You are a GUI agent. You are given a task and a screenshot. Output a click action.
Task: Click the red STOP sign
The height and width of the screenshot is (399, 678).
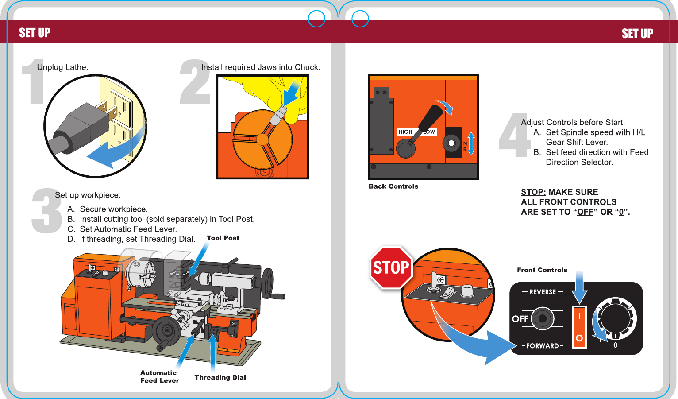[391, 267]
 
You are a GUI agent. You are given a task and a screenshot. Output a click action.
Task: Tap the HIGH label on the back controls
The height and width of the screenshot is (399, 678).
[405, 132]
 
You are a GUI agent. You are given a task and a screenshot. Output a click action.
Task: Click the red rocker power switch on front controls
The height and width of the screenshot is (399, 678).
[579, 327]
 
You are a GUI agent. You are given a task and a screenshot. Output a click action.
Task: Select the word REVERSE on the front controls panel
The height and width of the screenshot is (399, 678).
[542, 292]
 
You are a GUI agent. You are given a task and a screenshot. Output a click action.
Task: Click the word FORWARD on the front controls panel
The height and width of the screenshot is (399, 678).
[542, 346]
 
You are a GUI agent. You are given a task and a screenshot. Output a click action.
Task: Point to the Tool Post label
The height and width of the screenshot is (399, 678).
[223, 238]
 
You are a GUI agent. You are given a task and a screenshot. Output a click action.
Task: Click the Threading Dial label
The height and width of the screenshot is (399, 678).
[220, 377]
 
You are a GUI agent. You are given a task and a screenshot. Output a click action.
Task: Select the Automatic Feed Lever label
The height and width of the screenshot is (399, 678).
[159, 377]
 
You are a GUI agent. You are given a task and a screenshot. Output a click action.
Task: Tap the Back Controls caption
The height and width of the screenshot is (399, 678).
[393, 186]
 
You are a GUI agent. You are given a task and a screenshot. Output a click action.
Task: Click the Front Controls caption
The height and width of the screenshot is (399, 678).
[542, 270]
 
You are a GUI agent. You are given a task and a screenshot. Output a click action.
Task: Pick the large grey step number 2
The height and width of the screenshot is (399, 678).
[195, 83]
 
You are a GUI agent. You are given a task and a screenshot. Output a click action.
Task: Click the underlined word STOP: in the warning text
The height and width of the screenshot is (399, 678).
[533, 192]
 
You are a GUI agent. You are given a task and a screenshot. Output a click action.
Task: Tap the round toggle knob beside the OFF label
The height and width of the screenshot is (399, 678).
[543, 318]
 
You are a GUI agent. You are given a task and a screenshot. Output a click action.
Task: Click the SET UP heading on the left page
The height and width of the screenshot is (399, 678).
[35, 33]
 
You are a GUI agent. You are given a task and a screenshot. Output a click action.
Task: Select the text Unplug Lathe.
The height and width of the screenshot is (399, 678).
[62, 67]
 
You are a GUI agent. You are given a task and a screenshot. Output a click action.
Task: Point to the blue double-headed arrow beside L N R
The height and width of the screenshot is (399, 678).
[471, 143]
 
